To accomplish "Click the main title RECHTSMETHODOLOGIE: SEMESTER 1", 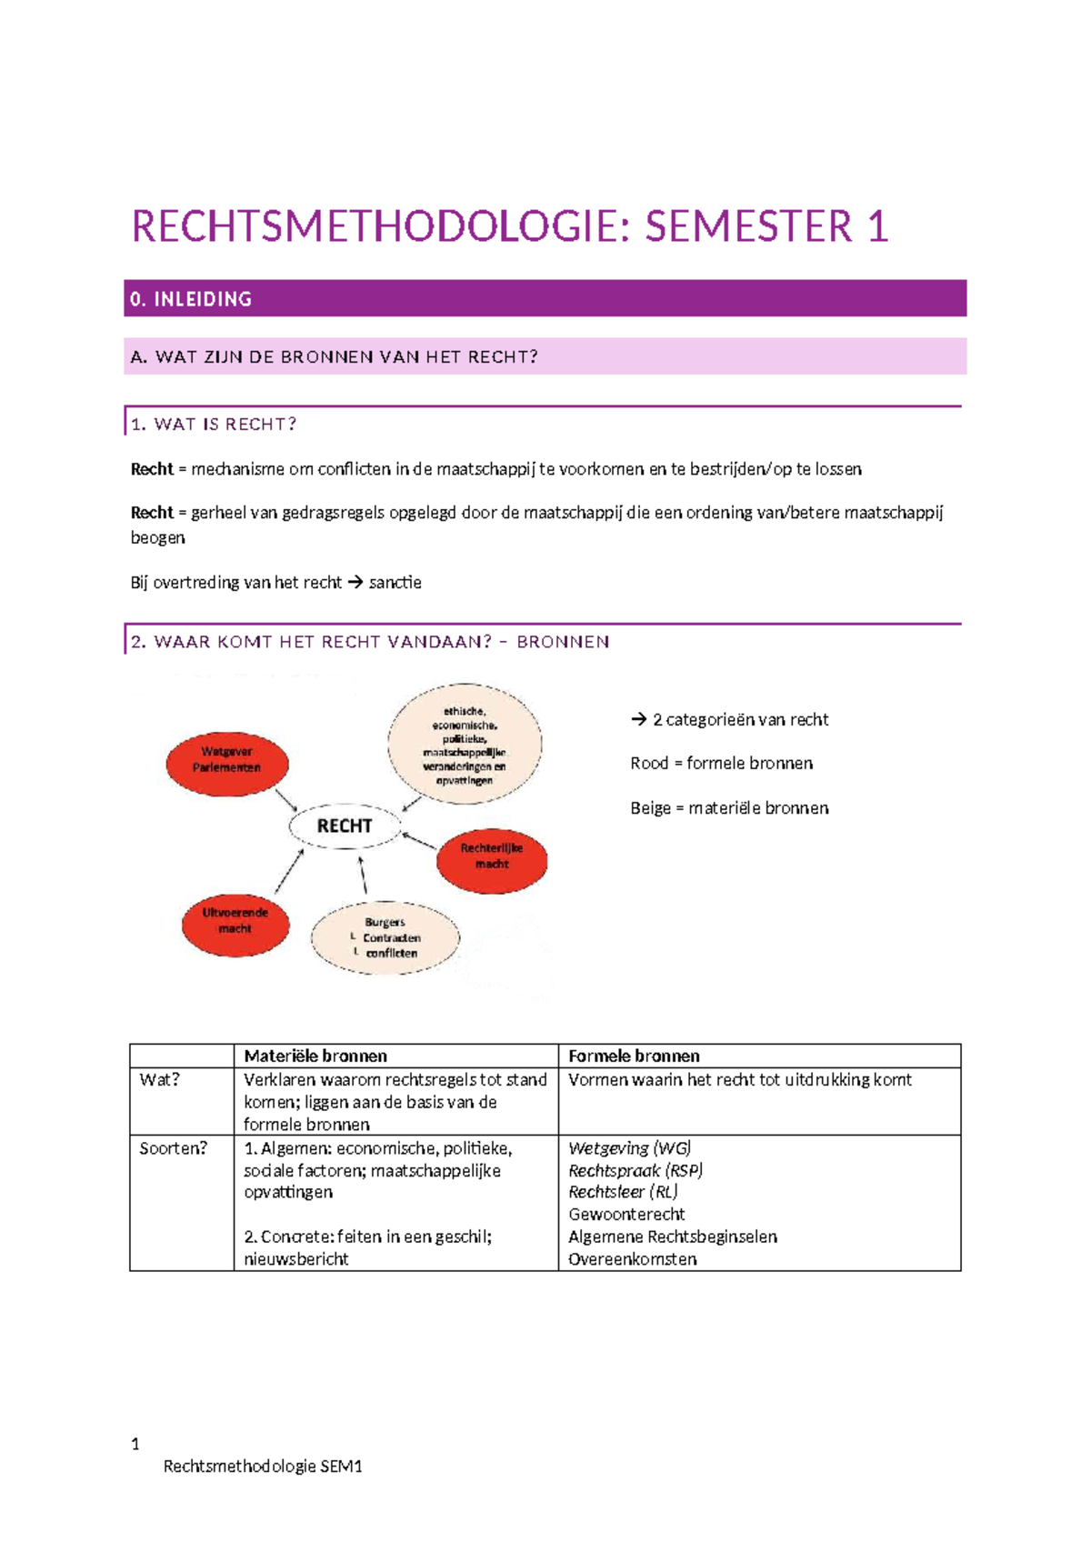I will point(509,226).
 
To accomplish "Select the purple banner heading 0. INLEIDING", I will point(191,299).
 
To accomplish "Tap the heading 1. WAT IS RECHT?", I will point(214,424).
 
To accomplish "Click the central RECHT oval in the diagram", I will point(345,826).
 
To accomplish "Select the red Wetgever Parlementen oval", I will point(227,760).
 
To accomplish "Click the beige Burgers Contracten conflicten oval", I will point(385,937).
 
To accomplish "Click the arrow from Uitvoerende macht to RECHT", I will point(289,872).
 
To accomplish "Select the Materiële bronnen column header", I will point(315,1056).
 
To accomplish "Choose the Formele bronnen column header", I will point(634,1056).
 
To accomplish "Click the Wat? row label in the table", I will point(159,1079).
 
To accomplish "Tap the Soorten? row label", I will point(173,1148).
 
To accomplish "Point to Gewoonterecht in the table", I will point(626,1214).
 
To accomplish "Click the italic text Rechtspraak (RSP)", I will point(636,1170).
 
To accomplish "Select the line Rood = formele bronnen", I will point(721,763).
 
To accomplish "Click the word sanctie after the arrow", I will point(395,582).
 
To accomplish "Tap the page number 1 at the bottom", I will point(135,1444).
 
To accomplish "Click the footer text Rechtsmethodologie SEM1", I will point(263,1466).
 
